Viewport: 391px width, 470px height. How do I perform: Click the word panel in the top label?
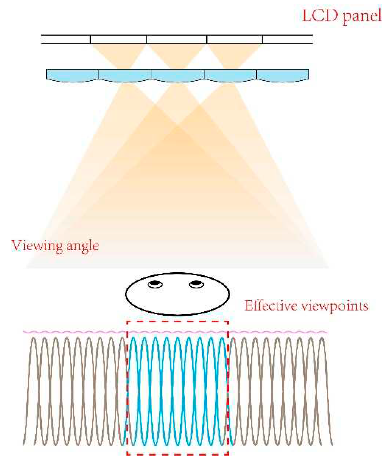pos(362,16)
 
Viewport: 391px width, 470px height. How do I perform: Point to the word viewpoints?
pos(335,306)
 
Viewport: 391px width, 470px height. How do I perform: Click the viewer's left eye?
pos(155,284)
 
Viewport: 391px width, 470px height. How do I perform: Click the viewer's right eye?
pos(196,284)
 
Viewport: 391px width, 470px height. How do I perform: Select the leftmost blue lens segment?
pos(72,75)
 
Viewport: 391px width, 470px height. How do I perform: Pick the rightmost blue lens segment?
pos(283,75)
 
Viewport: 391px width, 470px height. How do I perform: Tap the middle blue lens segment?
pos(178,75)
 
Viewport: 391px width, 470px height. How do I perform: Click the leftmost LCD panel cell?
pos(66,39)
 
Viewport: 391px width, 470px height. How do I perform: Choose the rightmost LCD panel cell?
pos(287,39)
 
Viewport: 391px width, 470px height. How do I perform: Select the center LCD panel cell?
pos(176,39)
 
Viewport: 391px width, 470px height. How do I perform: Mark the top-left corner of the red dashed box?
pos(127,322)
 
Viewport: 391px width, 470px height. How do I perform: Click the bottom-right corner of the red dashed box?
pos(228,454)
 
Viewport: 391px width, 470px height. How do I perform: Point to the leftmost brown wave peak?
pos(33,338)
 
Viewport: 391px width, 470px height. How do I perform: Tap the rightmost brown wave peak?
pos(322,338)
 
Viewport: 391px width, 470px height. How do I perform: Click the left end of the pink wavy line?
pos(24,332)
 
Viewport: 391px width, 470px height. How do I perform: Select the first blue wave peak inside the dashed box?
pos(133,338)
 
